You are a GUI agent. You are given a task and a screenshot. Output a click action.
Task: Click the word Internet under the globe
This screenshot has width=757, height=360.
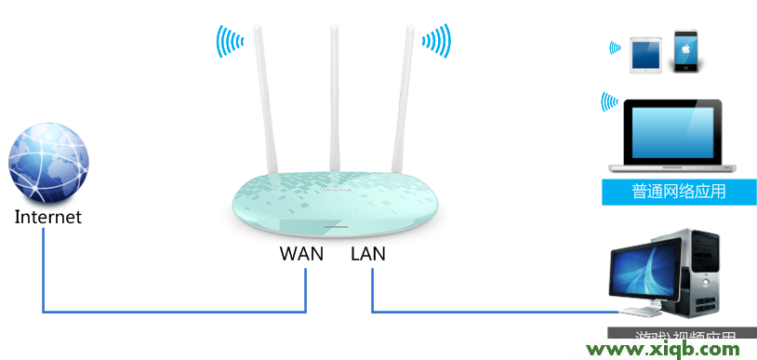tap(48, 218)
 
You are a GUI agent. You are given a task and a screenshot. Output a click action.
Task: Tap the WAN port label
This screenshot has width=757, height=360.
tap(301, 253)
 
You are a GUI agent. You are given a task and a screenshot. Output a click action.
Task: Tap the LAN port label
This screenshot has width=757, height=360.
tap(368, 253)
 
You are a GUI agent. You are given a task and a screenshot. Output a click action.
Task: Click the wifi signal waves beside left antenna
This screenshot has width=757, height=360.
tap(229, 41)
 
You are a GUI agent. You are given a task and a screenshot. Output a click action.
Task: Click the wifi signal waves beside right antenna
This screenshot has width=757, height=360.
tap(436, 41)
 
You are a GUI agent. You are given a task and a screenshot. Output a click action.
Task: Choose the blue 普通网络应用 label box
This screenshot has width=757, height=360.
tap(679, 192)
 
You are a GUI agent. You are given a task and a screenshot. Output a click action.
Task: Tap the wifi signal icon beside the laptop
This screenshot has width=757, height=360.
tap(609, 100)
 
